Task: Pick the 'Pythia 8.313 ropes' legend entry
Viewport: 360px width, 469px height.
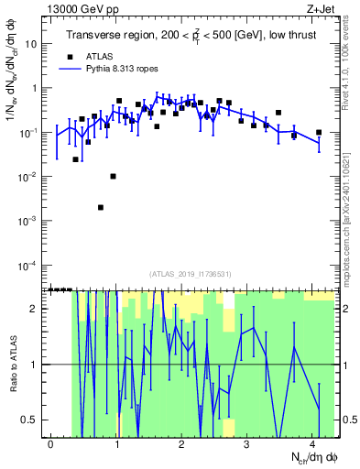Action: click(117, 68)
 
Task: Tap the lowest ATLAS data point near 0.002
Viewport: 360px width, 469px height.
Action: click(101, 207)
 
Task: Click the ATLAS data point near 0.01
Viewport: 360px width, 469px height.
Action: click(113, 176)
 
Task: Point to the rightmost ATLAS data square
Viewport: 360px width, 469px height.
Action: click(319, 133)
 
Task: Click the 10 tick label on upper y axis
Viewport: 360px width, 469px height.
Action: click(31, 44)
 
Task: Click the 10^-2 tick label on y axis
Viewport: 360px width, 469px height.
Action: click(27, 177)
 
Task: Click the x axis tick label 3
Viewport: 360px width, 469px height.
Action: click(247, 444)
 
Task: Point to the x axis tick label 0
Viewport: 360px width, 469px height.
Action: click(50, 444)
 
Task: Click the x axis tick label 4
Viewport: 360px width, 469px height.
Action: click(313, 444)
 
